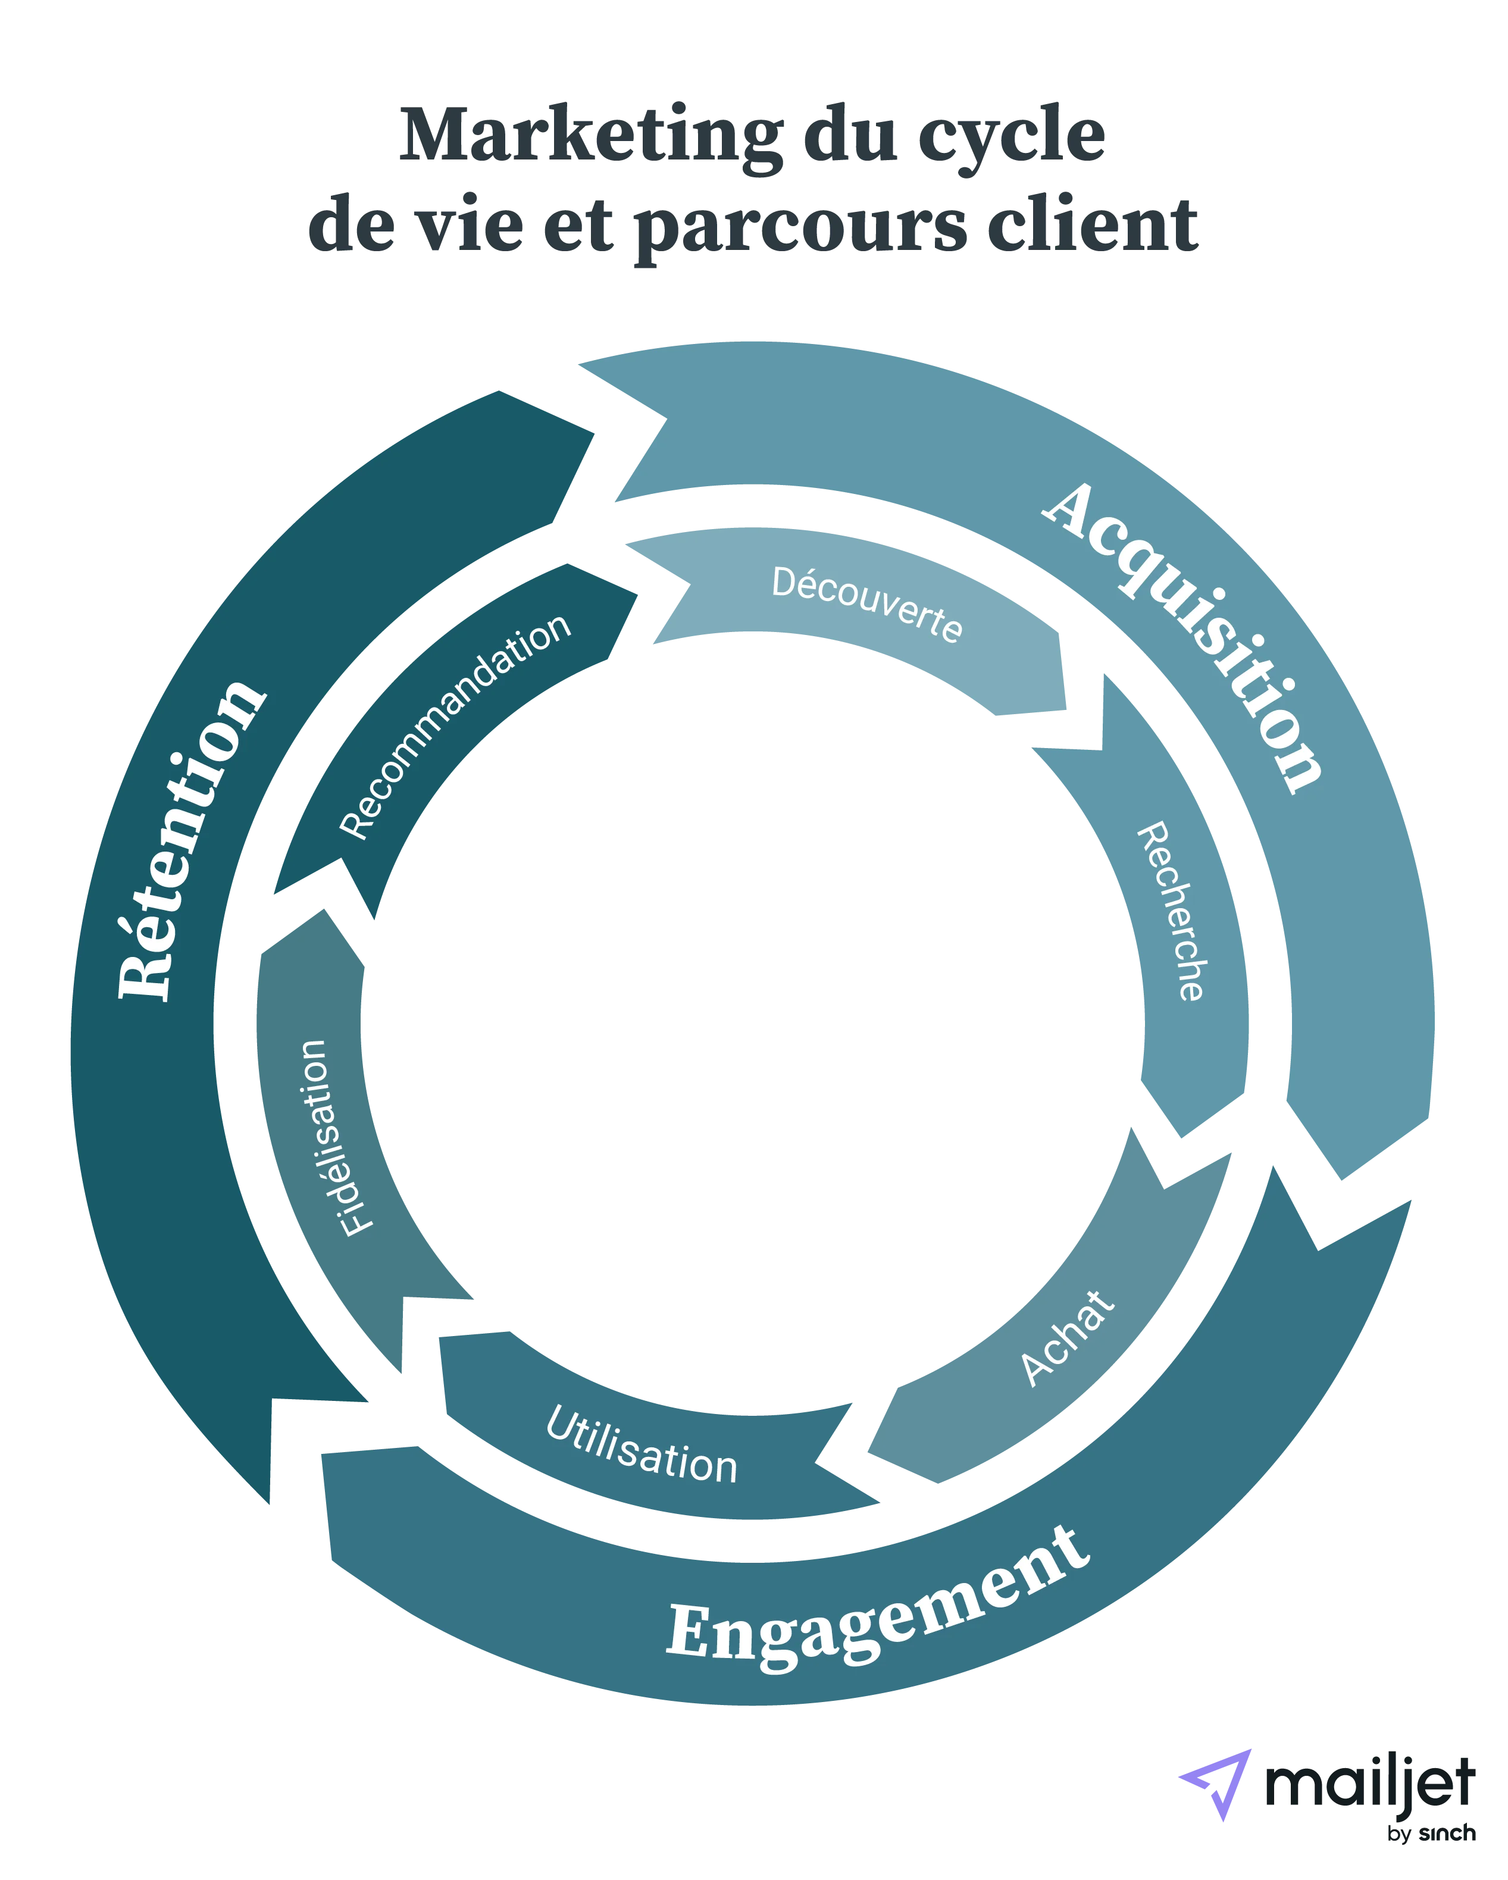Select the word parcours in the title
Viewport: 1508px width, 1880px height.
click(x=799, y=229)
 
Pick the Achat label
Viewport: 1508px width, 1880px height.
click(x=1066, y=1338)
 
